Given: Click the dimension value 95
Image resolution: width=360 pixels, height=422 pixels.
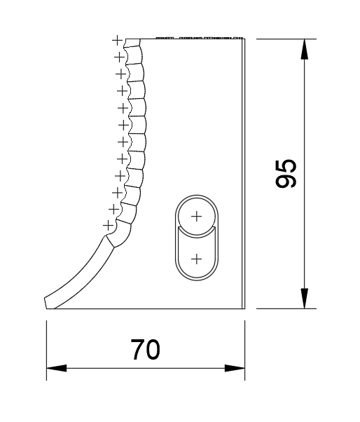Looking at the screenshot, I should click(x=286, y=173).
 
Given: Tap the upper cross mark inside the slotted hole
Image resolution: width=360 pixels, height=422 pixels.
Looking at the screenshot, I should click(x=196, y=216).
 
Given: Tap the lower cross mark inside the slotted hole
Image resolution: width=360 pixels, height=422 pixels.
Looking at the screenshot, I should click(x=196, y=259).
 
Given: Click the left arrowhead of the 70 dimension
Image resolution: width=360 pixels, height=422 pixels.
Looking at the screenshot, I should click(x=53, y=367).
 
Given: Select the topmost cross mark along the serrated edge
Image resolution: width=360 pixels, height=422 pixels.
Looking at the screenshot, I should click(x=116, y=40).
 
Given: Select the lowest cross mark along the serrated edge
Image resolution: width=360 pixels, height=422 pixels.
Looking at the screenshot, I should click(x=106, y=225).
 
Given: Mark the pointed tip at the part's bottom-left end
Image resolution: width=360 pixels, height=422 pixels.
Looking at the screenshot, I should click(x=46, y=302).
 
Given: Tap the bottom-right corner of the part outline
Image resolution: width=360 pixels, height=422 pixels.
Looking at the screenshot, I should click(x=244, y=308).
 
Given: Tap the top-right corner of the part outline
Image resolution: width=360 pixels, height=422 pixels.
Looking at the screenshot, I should click(x=244, y=39).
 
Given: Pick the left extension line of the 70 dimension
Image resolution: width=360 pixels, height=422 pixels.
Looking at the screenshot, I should click(x=46, y=350).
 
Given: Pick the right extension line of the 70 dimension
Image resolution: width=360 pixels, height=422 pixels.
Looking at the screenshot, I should click(x=244, y=350).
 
